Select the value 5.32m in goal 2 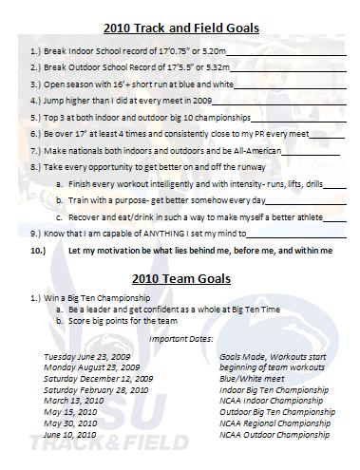tap(216, 67)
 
